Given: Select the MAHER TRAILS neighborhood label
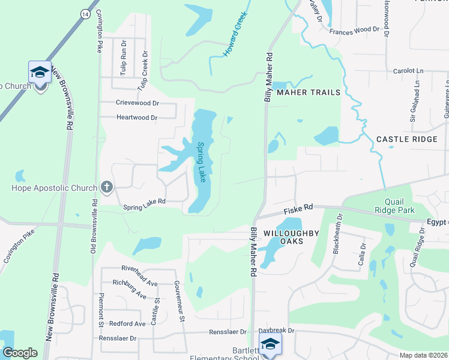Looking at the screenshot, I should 309,92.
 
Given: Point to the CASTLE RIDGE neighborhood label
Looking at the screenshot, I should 406,139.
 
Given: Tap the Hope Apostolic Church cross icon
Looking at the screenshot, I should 106,187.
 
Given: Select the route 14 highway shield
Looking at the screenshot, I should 86,13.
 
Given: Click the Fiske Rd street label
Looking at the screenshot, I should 298,208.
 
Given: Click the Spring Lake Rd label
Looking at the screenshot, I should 144,208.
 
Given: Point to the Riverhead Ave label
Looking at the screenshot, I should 139,269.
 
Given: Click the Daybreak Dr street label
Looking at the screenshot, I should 277,331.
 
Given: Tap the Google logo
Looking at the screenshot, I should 20,353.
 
